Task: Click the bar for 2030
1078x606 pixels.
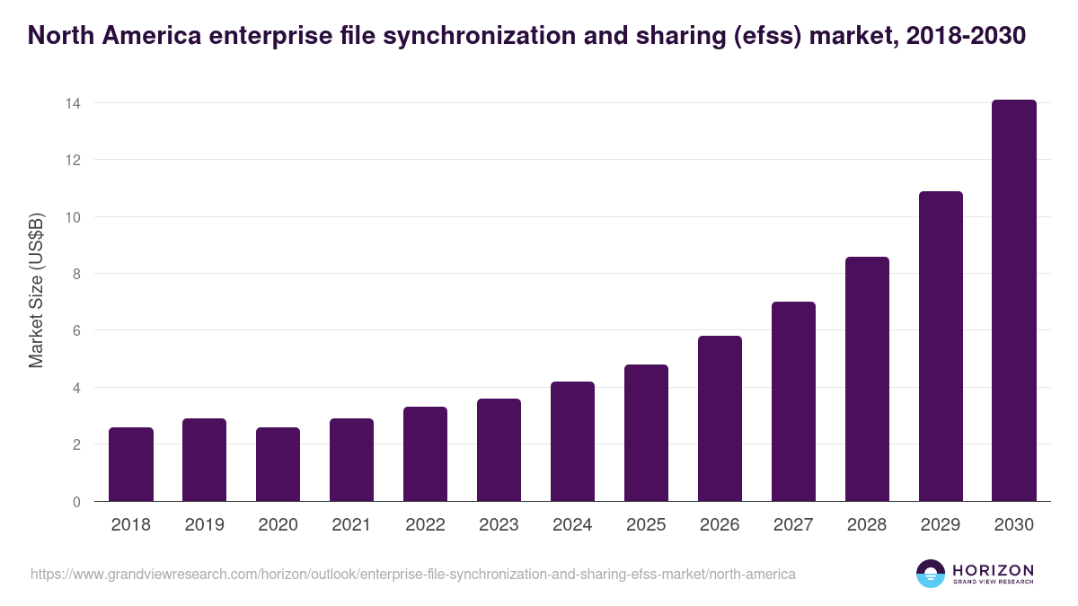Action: (x=1014, y=301)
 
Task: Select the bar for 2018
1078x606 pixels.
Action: (x=131, y=464)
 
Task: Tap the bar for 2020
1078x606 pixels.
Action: (x=278, y=464)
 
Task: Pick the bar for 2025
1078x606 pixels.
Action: (x=647, y=433)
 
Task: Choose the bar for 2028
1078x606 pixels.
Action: (x=867, y=379)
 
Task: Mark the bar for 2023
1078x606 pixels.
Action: (x=499, y=450)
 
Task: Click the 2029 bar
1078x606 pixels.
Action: (x=941, y=347)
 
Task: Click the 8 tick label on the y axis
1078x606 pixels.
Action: (x=76, y=274)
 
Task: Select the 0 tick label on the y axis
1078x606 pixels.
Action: (x=76, y=502)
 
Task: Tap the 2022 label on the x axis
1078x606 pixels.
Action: (x=425, y=525)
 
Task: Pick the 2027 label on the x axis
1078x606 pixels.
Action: (x=793, y=525)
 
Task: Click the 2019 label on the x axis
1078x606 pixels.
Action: (x=204, y=525)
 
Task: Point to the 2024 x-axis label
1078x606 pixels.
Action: (x=572, y=525)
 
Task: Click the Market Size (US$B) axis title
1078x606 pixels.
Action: (x=36, y=290)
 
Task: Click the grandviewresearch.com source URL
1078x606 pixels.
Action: (x=412, y=574)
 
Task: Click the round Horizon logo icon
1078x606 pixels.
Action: (x=931, y=574)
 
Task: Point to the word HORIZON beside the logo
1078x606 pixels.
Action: (x=993, y=570)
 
